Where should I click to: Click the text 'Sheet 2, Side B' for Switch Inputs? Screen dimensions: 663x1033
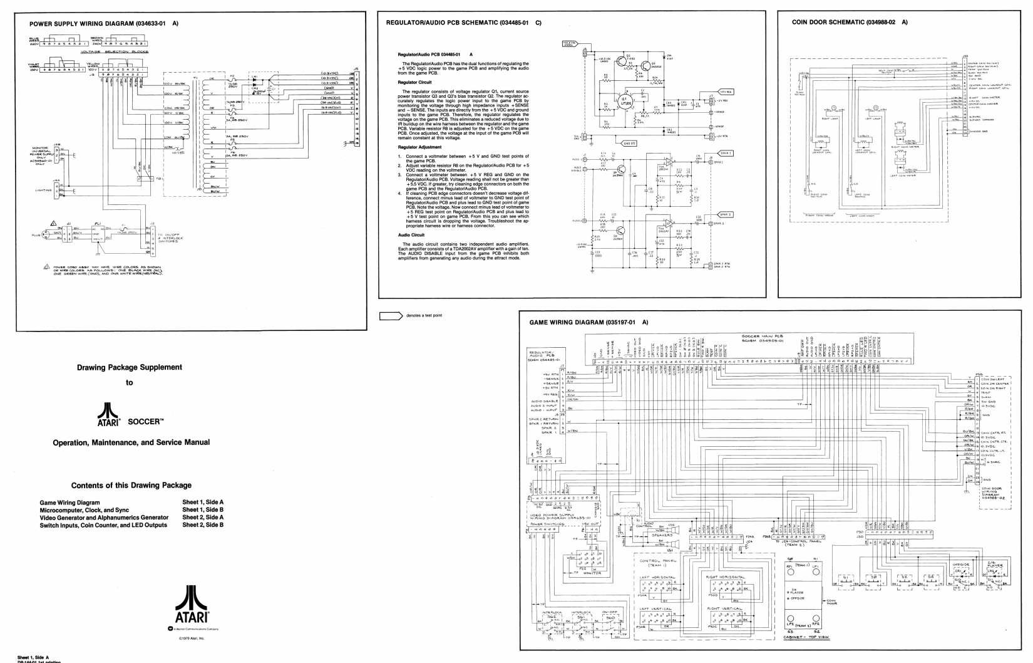pos(203,525)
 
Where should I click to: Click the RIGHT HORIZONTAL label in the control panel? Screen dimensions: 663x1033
pos(725,577)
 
